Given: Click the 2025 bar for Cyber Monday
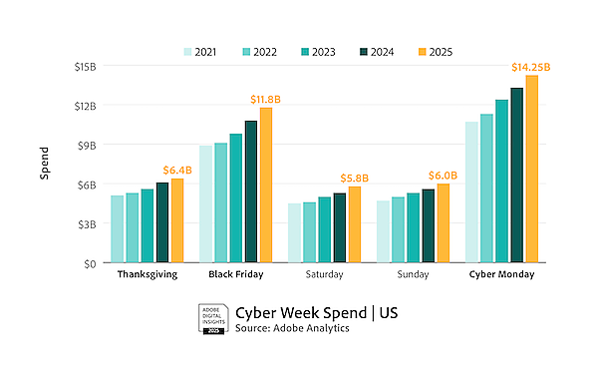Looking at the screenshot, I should (x=531, y=170).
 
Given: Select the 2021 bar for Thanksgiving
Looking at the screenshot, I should (x=117, y=229).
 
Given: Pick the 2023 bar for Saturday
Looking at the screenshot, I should (x=324, y=230).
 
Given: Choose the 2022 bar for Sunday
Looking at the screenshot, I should (x=398, y=230).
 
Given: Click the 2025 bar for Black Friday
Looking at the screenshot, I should (x=266, y=186).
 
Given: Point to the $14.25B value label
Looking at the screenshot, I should (x=530, y=67).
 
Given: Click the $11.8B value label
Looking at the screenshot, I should (x=266, y=99).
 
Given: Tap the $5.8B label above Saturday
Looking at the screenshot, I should (x=355, y=178).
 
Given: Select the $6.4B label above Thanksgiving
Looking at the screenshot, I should (x=177, y=170).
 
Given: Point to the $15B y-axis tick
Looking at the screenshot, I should (x=84, y=66).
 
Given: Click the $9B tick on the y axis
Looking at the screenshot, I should (x=87, y=145).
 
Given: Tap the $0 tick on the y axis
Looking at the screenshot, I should (x=90, y=263).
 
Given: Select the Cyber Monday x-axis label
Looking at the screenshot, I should (x=501, y=274).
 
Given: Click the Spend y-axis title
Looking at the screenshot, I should (x=44, y=165).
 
